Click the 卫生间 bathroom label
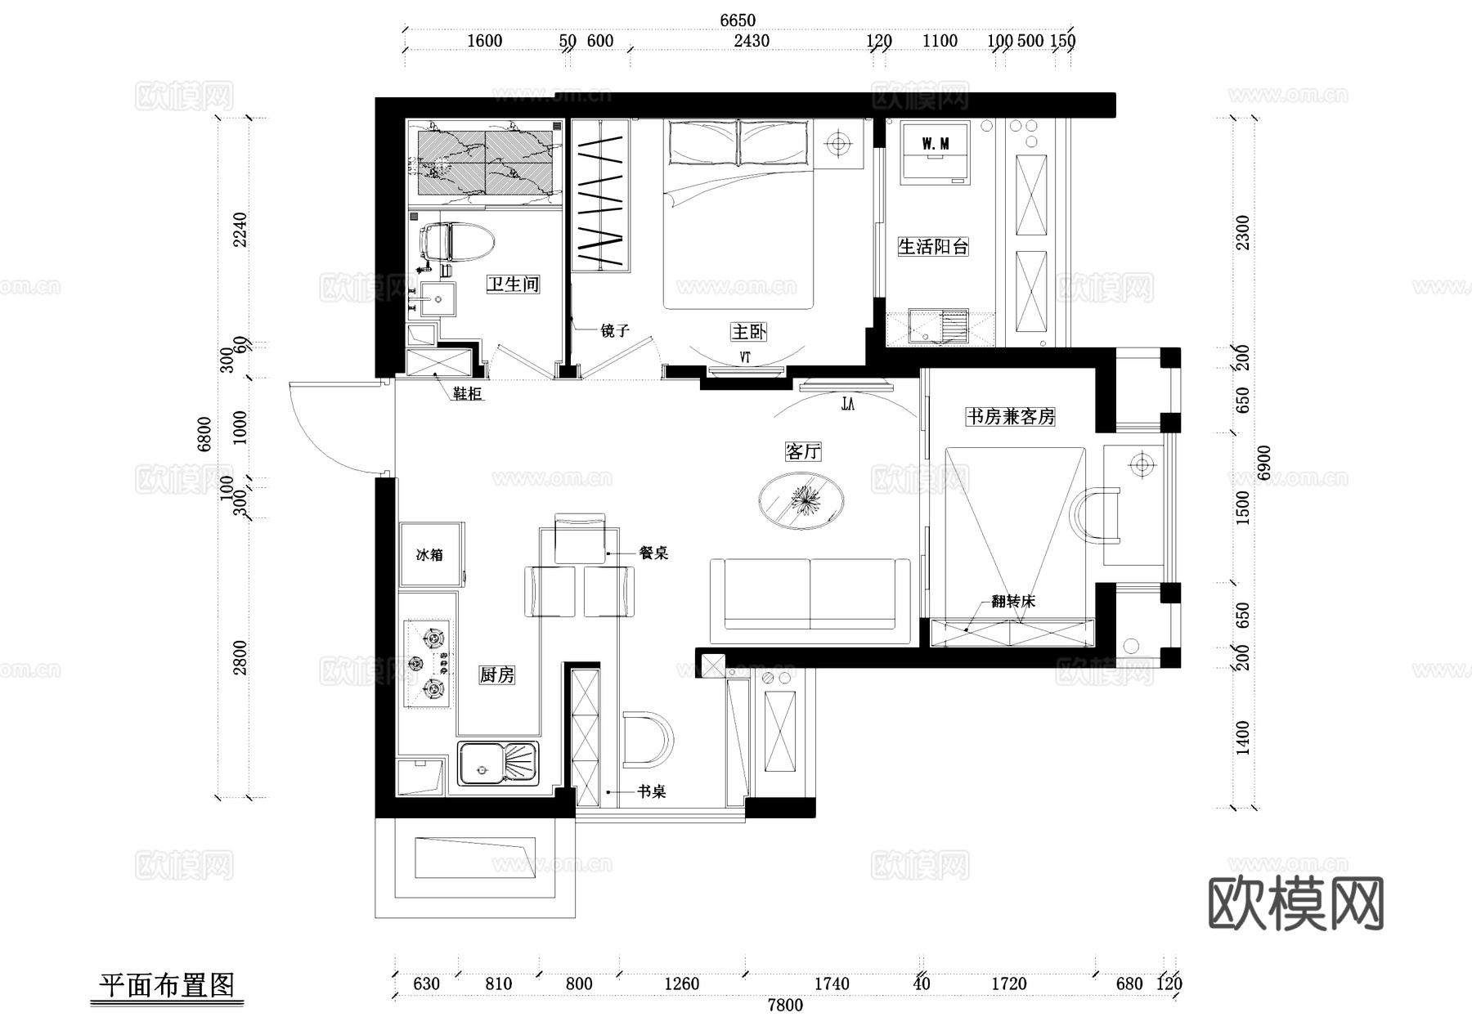pyautogui.click(x=513, y=285)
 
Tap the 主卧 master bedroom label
pyautogui.click(x=748, y=332)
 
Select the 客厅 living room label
pyautogui.click(x=802, y=452)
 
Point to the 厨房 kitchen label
pyautogui.click(x=496, y=675)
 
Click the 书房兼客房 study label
pyautogui.click(x=1010, y=417)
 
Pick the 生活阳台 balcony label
pyautogui.click(x=933, y=247)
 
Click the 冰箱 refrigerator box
pyautogui.click(x=430, y=555)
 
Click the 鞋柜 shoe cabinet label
pyautogui.click(x=468, y=394)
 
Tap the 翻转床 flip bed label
pyautogui.click(x=1013, y=602)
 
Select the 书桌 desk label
pyautogui.click(x=652, y=791)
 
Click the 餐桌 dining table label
pyautogui.click(x=653, y=553)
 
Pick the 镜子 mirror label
pyautogui.click(x=615, y=330)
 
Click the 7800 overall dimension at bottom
pyautogui.click(x=785, y=1006)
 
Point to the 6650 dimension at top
pyautogui.click(x=738, y=20)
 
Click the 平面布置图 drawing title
pyautogui.click(x=167, y=984)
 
